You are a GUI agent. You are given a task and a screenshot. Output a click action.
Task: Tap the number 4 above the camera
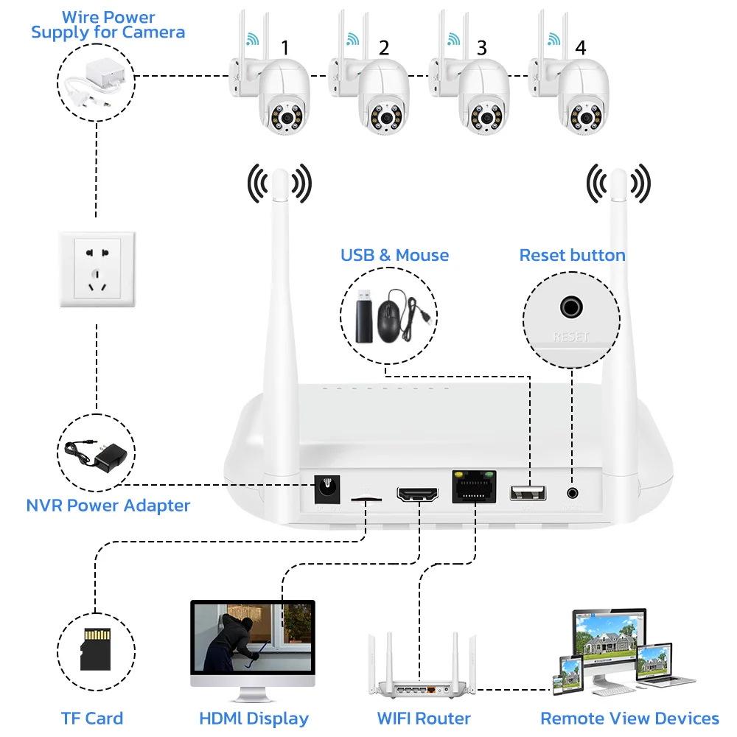[x=581, y=49]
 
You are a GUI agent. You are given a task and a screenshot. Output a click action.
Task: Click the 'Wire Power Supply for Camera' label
[x=108, y=25]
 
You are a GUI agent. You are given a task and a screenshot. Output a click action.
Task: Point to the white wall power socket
[x=97, y=269]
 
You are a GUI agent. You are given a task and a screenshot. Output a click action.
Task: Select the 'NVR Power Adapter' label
[x=108, y=506]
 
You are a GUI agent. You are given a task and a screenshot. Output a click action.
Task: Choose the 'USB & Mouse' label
[x=394, y=256]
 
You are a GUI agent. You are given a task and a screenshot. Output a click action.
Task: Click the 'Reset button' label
[x=572, y=256]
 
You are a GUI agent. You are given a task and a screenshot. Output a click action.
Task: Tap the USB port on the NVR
[x=528, y=493]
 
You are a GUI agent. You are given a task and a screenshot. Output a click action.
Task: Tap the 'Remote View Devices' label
[x=629, y=719]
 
